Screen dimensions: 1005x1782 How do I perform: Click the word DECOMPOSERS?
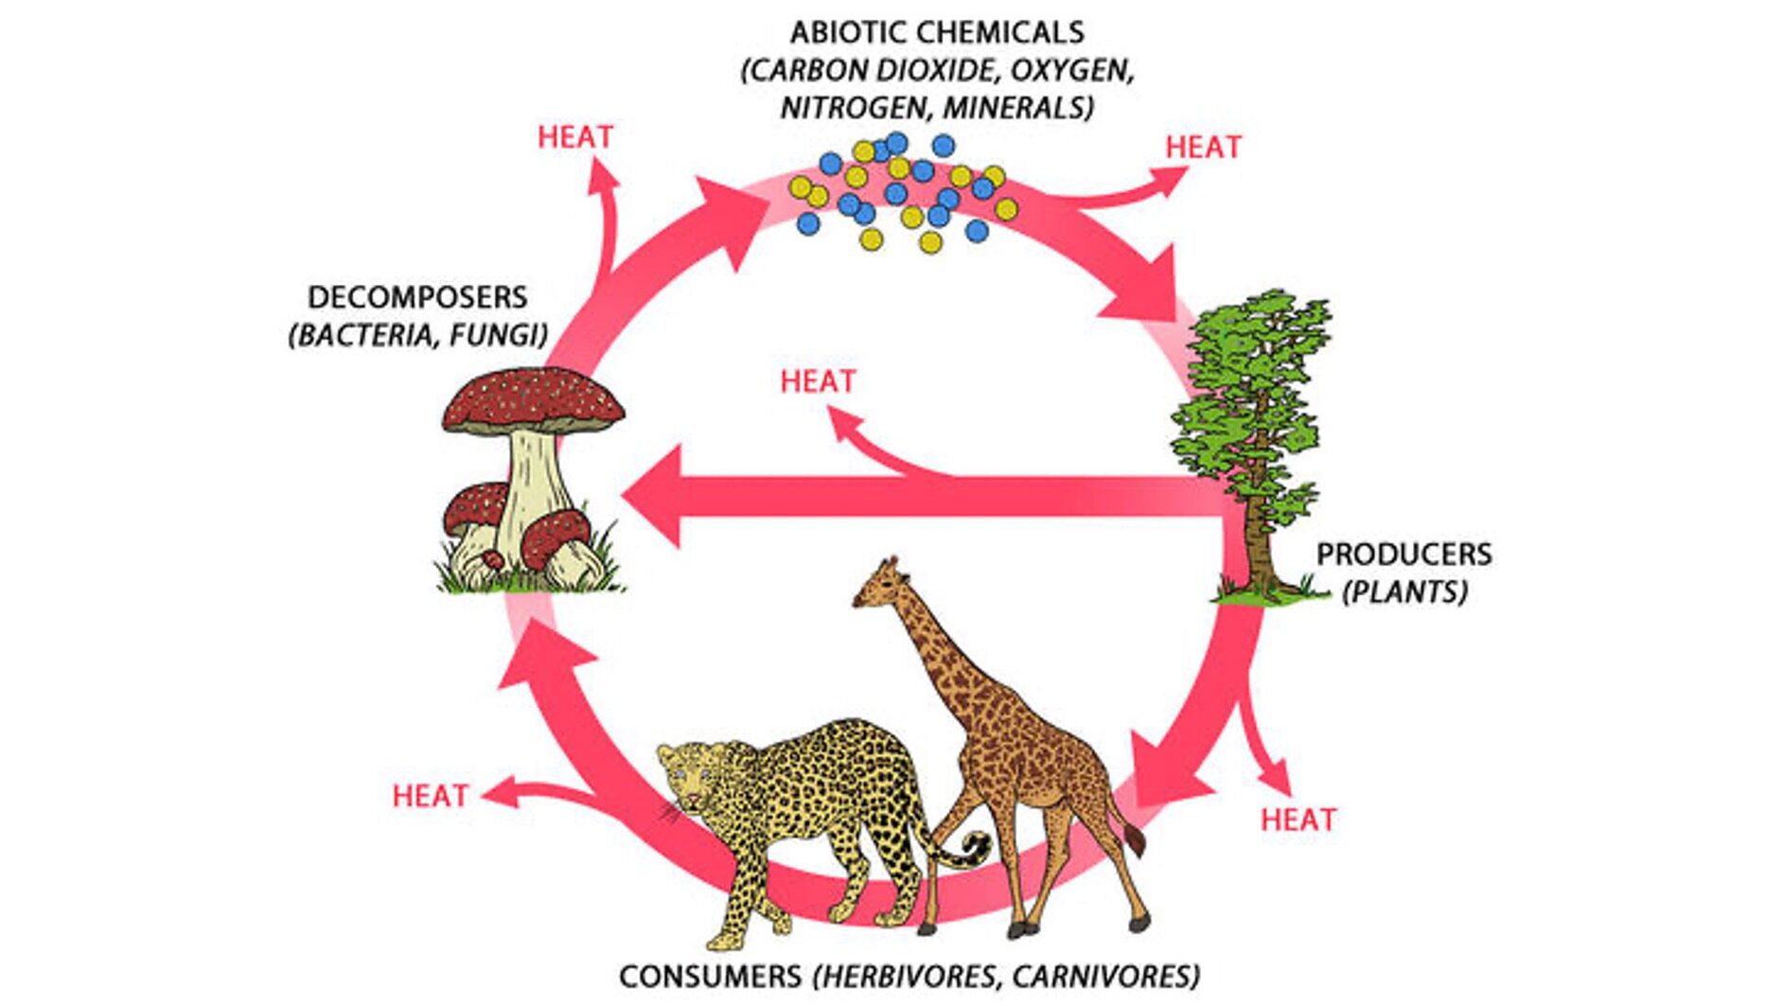pyautogui.click(x=417, y=297)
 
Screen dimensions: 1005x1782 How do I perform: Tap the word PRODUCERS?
pyautogui.click(x=1403, y=554)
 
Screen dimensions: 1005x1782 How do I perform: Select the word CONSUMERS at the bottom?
pyautogui.click(x=710, y=976)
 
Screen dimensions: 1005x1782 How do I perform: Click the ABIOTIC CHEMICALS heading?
pyautogui.click(x=937, y=33)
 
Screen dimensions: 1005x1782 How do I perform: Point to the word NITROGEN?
pyautogui.click(x=853, y=108)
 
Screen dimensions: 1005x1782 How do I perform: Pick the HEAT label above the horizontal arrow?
pyautogui.click(x=818, y=381)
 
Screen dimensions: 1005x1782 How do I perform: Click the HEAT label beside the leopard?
pyautogui.click(x=431, y=796)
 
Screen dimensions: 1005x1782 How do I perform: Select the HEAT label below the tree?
pyautogui.click(x=1298, y=820)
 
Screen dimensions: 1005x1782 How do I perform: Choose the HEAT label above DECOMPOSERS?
pyautogui.click(x=575, y=137)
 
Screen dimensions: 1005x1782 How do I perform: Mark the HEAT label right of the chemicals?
pyautogui.click(x=1203, y=148)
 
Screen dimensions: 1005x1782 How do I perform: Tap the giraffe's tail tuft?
pyautogui.click(x=1134, y=838)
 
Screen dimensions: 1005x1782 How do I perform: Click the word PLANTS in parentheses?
pyautogui.click(x=1405, y=592)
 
